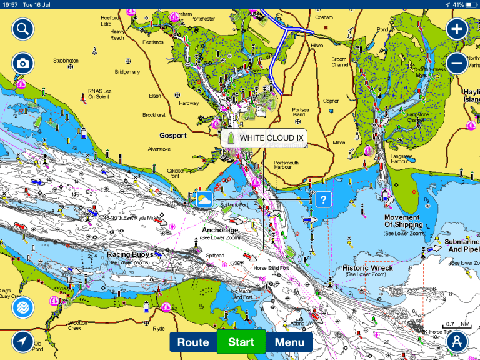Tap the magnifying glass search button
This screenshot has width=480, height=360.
[22, 29]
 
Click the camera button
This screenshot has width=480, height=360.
[22, 63]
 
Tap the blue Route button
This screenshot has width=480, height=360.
[193, 342]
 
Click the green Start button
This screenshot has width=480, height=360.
[241, 342]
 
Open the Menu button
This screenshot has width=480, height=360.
[289, 342]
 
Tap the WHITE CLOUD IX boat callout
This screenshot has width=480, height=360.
[264, 138]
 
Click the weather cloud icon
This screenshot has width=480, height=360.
[204, 199]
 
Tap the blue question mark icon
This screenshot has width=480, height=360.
[322, 199]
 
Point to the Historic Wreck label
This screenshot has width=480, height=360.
[367, 268]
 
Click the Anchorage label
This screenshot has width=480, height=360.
[220, 230]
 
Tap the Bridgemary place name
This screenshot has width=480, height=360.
[127, 72]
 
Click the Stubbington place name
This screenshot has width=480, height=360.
[66, 61]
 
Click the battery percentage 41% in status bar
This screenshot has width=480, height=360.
[458, 4]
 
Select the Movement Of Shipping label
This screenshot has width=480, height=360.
[402, 221]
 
